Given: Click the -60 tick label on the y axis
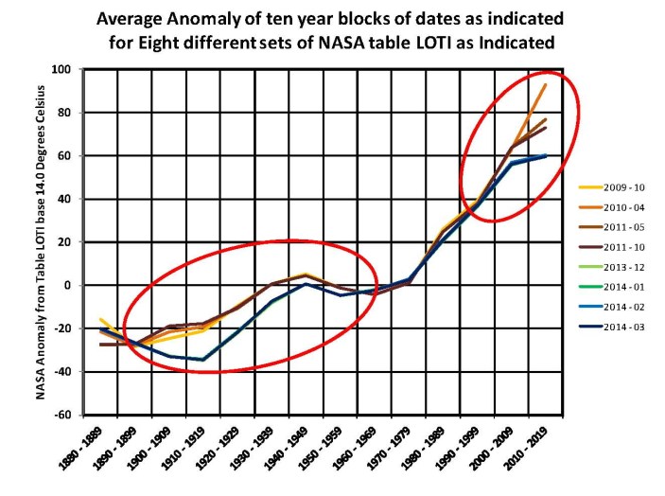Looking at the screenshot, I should (65, 415).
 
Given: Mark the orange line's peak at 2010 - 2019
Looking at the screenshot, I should (546, 84).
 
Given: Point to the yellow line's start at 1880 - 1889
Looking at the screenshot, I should (101, 320).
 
